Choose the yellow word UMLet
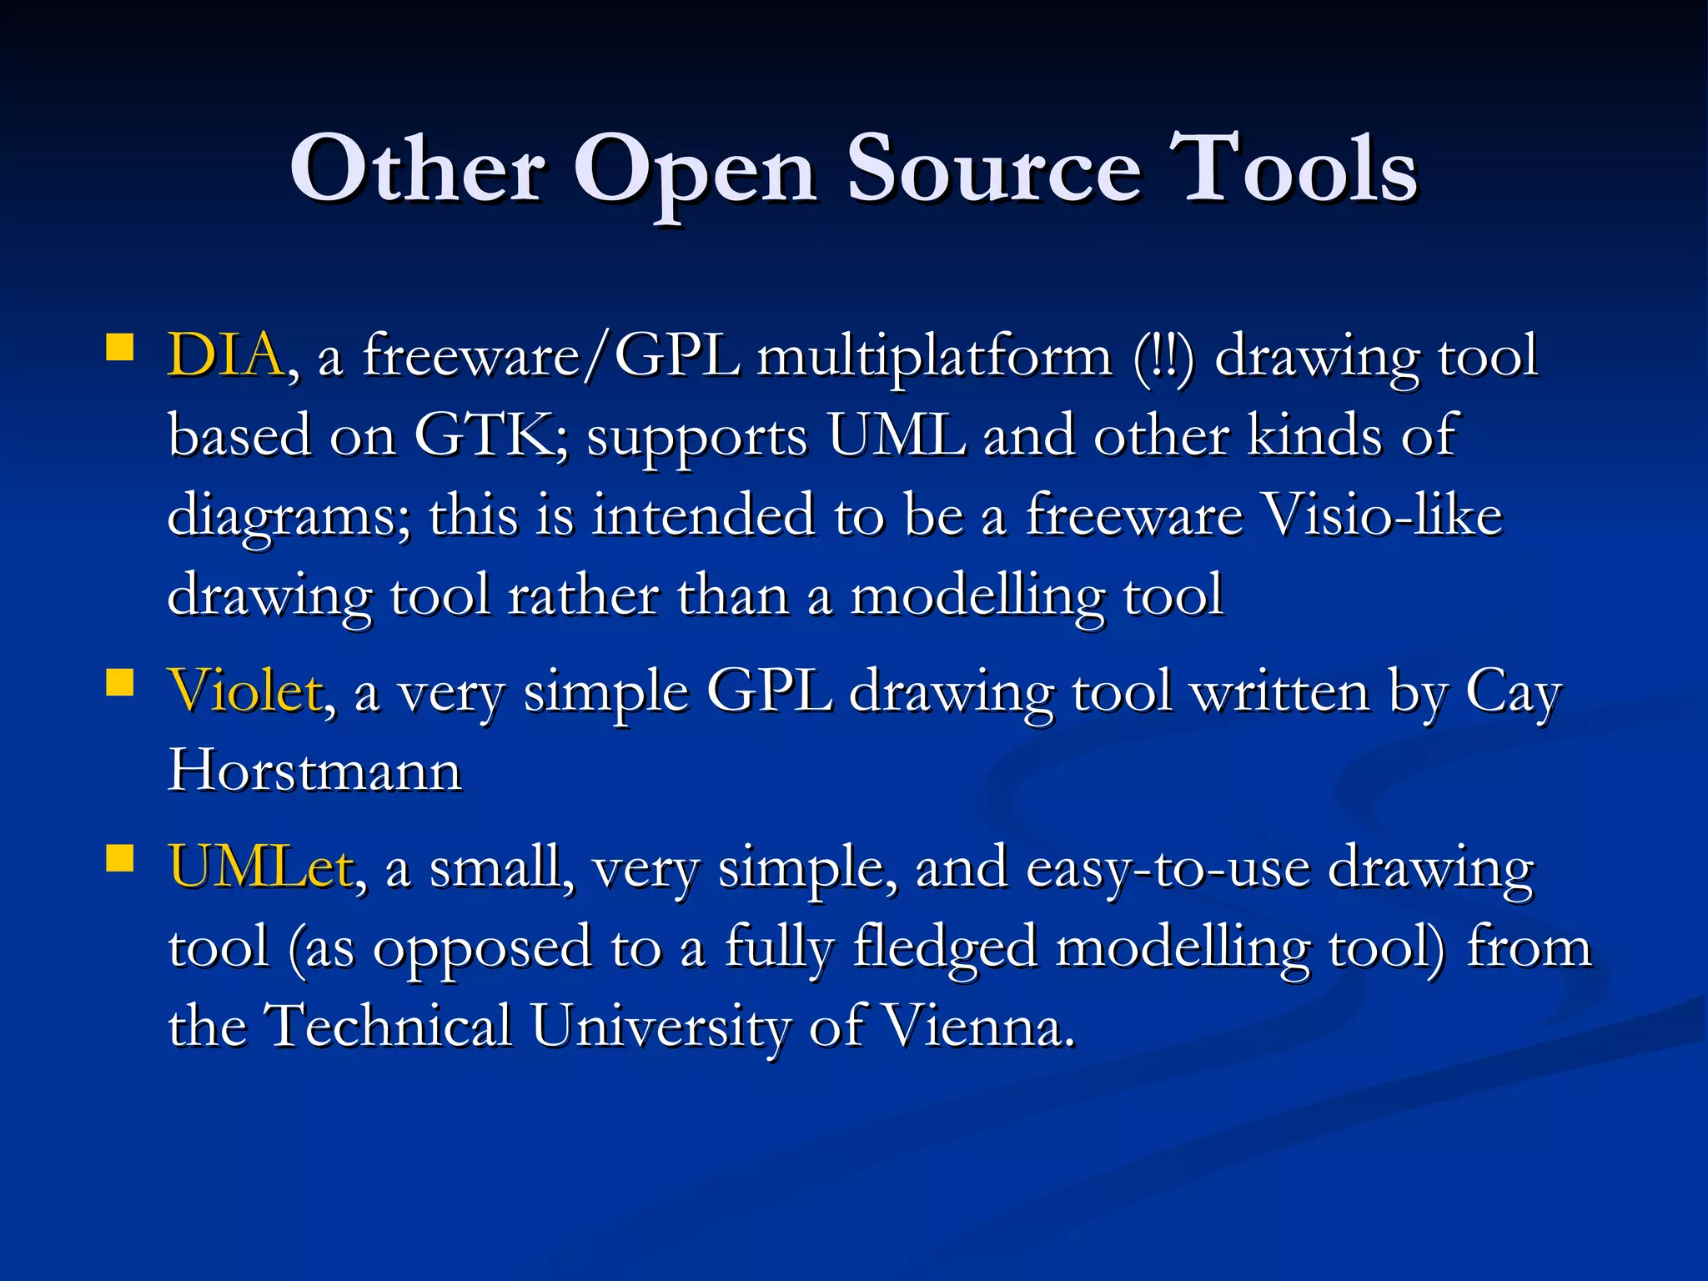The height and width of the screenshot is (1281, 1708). tap(261, 867)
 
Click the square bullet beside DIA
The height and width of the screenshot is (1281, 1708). tap(120, 346)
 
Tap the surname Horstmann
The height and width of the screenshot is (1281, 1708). tap(314, 770)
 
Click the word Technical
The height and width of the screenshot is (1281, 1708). tap(388, 1026)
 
